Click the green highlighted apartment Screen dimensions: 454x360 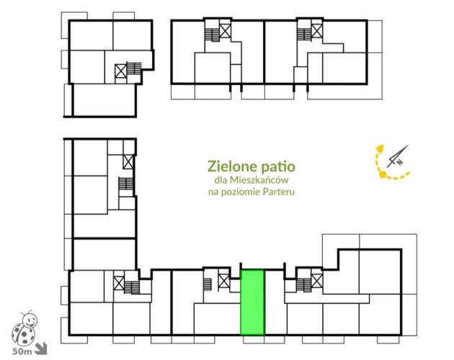252,302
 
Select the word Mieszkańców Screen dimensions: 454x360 259,180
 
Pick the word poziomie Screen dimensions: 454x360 241,192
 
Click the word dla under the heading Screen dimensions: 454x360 221,180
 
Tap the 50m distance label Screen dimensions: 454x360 22,351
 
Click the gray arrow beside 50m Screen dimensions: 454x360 40,348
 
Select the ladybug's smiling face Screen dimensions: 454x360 30,320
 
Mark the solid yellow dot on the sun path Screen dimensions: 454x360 383,174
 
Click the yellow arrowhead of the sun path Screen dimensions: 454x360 379,148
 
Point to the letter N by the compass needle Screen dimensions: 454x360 399,162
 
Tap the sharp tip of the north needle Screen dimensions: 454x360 409,145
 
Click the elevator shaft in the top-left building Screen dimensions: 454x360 121,71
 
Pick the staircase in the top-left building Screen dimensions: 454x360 134,68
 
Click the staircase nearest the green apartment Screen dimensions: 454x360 208,284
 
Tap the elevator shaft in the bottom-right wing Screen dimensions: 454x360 317,281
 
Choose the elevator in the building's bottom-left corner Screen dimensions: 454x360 119,283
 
